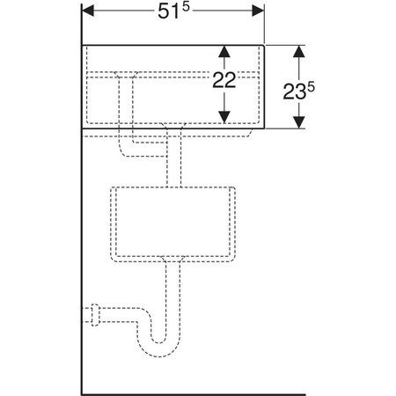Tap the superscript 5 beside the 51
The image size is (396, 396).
(186, 8)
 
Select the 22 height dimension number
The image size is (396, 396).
(224, 80)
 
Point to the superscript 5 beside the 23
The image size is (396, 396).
(311, 87)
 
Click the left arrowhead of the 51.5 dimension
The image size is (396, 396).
(88, 11)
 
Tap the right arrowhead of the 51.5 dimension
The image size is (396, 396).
(258, 11)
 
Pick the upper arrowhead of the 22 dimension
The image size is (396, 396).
(224, 52)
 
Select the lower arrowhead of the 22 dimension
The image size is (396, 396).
(224, 117)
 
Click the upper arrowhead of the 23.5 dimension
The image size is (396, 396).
(299, 51)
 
